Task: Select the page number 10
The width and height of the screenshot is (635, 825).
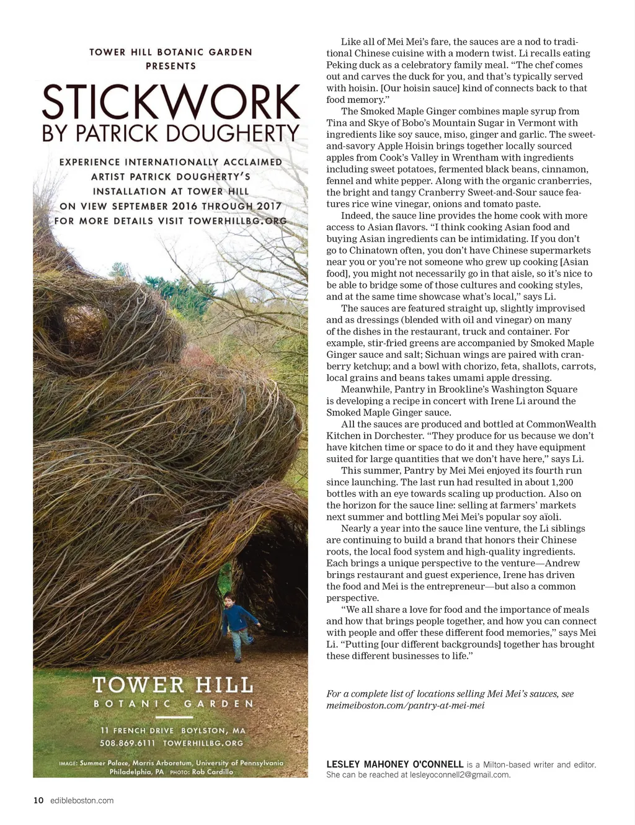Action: coord(38,800)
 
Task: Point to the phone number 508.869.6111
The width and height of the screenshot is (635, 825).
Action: coord(127,742)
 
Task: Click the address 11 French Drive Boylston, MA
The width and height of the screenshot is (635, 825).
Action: coord(173,730)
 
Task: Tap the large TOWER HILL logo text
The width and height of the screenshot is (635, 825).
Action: coord(173,685)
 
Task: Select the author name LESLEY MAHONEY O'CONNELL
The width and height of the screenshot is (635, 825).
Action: coord(395,764)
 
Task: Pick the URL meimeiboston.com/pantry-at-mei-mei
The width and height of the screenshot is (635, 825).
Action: coord(406,705)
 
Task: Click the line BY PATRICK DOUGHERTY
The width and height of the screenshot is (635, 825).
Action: coord(171,133)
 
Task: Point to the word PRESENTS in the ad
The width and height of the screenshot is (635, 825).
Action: coord(171,66)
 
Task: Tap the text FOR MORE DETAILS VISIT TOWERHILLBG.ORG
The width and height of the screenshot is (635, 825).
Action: coord(171,221)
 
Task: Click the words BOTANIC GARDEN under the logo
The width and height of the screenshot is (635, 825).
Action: coord(173,704)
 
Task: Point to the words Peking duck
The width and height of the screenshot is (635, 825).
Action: coord(352,65)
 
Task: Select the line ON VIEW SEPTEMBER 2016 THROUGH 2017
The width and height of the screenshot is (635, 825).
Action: coord(171,206)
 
